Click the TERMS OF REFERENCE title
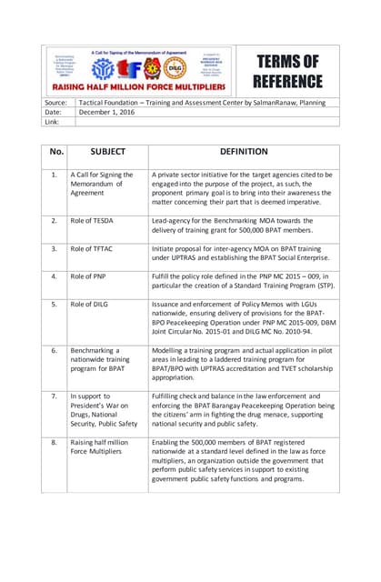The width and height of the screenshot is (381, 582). [x=288, y=71]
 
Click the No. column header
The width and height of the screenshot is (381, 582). [x=56, y=153]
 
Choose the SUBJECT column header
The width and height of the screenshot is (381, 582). [x=107, y=153]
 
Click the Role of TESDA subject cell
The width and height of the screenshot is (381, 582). [x=97, y=220]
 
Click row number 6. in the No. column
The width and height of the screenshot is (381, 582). [x=55, y=348]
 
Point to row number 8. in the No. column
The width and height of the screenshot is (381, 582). [x=55, y=440]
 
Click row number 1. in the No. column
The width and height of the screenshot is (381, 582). [x=55, y=174]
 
